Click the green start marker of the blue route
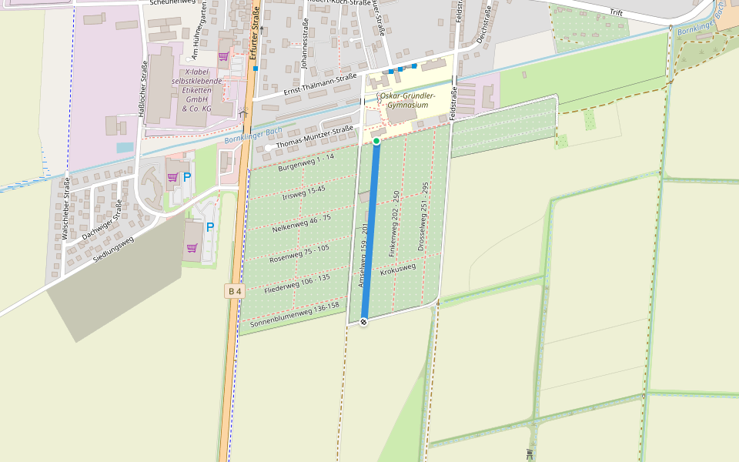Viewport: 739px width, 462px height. [376, 142]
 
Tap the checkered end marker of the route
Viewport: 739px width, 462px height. [363, 321]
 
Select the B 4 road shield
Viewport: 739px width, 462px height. [235, 291]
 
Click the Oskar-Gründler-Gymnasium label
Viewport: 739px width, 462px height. [408, 100]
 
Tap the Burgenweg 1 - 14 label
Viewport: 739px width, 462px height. [306, 162]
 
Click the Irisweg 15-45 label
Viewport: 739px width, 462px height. [304, 192]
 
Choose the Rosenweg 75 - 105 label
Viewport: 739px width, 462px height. [299, 253]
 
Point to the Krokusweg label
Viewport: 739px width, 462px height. [398, 269]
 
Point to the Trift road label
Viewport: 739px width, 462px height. [616, 12]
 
